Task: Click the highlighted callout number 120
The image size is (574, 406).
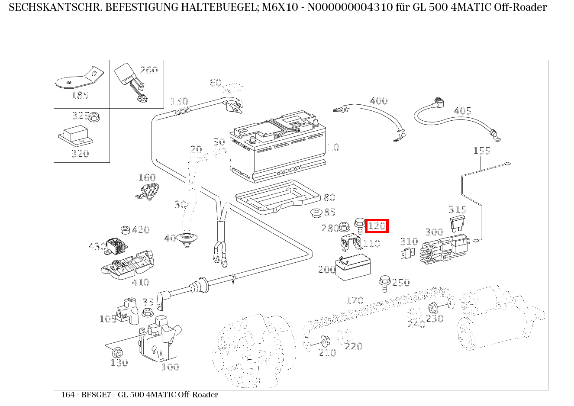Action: (377, 226)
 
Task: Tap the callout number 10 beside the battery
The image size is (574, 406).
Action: (333, 147)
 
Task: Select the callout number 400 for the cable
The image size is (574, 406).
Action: (379, 101)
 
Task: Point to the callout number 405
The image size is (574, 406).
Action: (462, 111)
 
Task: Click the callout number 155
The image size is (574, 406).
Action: (481, 151)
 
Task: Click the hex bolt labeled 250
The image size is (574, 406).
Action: (384, 281)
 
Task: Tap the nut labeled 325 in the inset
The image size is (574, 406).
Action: (96, 116)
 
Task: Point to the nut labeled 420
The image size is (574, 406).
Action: (125, 229)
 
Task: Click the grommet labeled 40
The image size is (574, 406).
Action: (187, 238)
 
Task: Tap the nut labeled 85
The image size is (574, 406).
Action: (316, 213)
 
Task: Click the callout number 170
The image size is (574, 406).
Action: (355, 300)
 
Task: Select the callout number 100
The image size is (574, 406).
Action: (170, 367)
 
